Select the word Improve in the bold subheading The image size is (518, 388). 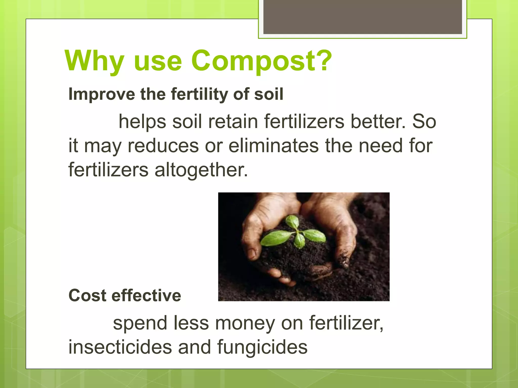tap(102, 94)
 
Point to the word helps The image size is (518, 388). tap(142, 122)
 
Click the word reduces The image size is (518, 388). tap(163, 146)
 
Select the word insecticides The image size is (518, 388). tap(120, 347)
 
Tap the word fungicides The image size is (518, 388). tap(262, 347)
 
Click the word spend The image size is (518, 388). tap(140, 323)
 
